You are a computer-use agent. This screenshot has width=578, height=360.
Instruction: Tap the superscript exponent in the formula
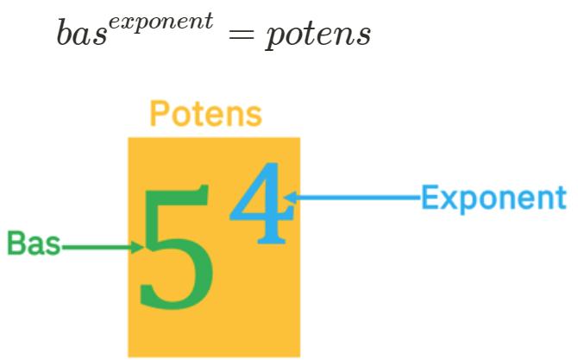(x=166, y=21)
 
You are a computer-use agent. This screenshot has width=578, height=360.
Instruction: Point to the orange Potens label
(x=205, y=113)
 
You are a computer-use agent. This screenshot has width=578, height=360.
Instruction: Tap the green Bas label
(x=34, y=244)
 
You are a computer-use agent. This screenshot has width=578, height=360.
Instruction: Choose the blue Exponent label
(x=493, y=198)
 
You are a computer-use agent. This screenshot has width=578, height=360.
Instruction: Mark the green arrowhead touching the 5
(x=138, y=248)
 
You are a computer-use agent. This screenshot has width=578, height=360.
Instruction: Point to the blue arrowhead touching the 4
(x=291, y=198)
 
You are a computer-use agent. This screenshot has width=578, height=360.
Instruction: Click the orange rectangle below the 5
(x=214, y=332)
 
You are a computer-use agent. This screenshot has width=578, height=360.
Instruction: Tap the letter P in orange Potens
(x=160, y=113)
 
